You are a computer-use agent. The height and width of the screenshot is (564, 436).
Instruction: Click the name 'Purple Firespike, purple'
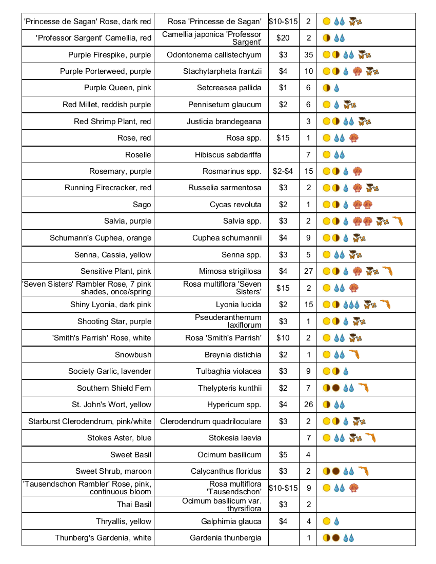click(109, 55)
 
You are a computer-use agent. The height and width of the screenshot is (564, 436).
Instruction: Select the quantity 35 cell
click(308, 55)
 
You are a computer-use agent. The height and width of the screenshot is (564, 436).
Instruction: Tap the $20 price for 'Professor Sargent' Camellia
click(283, 38)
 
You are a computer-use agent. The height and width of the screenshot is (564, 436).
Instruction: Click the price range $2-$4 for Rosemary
click(283, 171)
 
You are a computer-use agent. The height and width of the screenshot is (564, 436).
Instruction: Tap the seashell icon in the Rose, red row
click(353, 138)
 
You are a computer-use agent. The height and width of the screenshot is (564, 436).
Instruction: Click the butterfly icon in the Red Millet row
click(349, 105)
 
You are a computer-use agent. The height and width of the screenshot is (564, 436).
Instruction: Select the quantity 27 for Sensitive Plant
click(308, 271)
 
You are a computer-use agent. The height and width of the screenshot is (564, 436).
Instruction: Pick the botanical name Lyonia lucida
click(239, 305)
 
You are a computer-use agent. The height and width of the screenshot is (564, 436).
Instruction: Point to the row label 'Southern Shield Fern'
click(114, 388)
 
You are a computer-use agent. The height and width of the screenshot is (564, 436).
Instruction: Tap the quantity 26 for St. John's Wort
click(308, 405)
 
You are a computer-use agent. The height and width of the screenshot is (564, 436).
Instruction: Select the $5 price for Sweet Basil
click(283, 455)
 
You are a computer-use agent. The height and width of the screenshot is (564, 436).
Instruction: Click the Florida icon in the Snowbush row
click(354, 355)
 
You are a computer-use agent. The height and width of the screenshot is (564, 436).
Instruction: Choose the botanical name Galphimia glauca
click(231, 521)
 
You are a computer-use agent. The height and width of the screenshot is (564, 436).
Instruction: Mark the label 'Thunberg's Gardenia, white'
click(103, 538)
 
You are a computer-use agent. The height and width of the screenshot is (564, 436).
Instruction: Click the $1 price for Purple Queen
click(283, 88)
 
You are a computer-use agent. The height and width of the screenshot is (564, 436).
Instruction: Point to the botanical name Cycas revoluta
click(235, 205)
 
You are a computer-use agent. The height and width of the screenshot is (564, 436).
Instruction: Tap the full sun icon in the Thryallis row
click(326, 521)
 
